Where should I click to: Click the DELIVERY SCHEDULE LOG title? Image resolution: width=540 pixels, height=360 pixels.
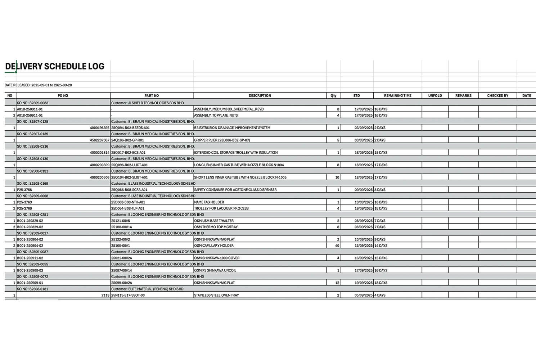pos(55,66)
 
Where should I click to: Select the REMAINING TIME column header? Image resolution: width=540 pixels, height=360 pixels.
pos(397,96)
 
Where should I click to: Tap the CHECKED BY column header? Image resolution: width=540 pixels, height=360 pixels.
pos(498,96)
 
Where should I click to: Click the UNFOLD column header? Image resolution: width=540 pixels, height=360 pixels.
pos(435,96)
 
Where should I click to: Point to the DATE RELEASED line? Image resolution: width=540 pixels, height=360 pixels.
pos(38,85)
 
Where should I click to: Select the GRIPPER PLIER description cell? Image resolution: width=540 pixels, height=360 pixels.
pos(222,140)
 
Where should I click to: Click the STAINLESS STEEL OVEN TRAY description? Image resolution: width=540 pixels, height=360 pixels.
pos(216,295)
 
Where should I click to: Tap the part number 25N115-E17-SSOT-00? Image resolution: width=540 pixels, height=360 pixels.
pos(128,295)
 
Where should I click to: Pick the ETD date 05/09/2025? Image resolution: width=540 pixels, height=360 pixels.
pos(363,295)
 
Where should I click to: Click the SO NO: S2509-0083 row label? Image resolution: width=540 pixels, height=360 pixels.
pos(32,103)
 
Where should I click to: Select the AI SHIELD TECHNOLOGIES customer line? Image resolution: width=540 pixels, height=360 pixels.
pos(147,103)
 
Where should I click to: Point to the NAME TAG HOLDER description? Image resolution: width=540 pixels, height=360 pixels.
pos(209,202)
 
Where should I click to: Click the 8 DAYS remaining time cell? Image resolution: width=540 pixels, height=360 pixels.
pos(380,190)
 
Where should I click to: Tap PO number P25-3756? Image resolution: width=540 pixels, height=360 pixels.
pos(24,190)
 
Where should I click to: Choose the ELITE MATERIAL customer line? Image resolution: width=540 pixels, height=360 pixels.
pos(147,289)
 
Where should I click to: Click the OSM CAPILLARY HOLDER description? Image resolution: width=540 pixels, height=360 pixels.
pos(214,246)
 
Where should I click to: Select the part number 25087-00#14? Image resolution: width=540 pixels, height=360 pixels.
pos(122,270)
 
